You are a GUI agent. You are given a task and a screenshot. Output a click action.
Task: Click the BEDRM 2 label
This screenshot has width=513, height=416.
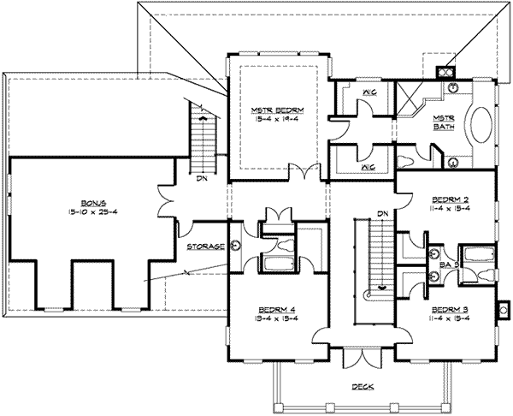[446, 196]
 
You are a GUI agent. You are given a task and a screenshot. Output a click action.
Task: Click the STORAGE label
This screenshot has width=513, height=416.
[207, 247]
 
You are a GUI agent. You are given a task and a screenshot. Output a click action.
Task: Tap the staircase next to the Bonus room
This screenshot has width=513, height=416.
[203, 142]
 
